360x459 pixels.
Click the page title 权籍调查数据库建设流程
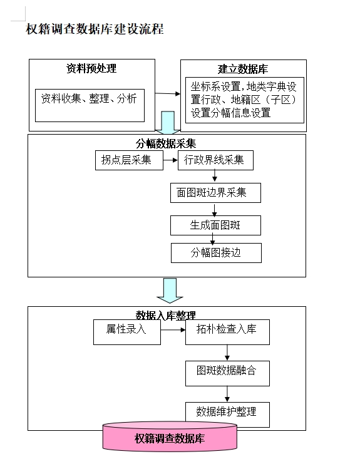tap(95, 29)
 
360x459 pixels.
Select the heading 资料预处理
tap(91, 68)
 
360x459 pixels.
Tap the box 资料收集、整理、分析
tap(90, 105)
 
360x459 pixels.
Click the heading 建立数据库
tap(243, 69)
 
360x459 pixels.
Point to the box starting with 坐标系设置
tap(245, 100)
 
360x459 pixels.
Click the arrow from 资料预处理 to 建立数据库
tap(167, 93)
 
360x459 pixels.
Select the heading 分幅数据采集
tap(166, 143)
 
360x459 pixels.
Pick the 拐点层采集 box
tap(129, 160)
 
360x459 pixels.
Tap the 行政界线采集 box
tap(215, 160)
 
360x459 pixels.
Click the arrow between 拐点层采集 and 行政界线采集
tap(170, 160)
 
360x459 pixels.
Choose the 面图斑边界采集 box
tap(216, 193)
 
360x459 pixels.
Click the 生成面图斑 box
tap(216, 225)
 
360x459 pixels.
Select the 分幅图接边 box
tap(216, 253)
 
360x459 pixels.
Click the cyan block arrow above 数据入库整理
tap(170, 291)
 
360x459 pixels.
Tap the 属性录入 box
tap(127, 332)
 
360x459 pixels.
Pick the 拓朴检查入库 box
tap(227, 332)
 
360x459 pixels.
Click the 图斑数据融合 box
tap(227, 373)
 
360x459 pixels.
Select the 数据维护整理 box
tap(227, 415)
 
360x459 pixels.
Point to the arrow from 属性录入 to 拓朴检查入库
tap(173, 330)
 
